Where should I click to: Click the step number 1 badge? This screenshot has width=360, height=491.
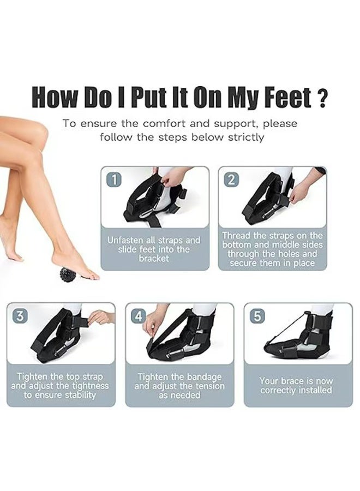point(114,179)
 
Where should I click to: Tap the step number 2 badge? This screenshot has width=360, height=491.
point(232,179)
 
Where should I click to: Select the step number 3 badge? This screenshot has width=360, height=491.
point(20,316)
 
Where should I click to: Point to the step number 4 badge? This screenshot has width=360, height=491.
point(139,316)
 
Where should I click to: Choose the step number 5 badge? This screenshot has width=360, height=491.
point(257,316)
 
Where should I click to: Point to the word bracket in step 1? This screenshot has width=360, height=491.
point(154,259)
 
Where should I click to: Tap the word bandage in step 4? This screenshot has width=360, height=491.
point(204,376)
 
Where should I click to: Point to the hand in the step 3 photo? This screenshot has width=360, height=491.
point(100,317)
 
